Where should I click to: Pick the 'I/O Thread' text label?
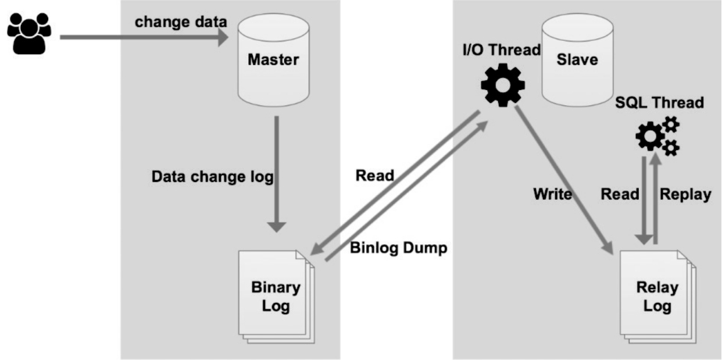500,51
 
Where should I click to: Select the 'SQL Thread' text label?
659,103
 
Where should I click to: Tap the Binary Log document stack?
277,296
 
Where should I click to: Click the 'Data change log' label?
212,176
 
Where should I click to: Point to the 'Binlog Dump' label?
399,248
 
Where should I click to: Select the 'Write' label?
552,194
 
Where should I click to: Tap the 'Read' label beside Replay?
620,194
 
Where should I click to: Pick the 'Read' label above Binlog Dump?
375,175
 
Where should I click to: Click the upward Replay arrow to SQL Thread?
655,198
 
